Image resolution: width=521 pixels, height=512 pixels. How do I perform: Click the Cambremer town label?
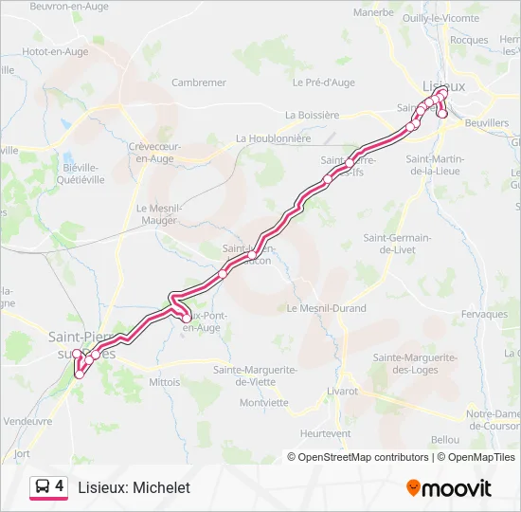pyautogui.click(x=199, y=82)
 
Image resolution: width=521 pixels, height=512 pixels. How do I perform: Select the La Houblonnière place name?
pyautogui.click(x=274, y=137)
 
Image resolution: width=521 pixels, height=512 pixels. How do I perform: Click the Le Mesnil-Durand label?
pyautogui.click(x=326, y=308)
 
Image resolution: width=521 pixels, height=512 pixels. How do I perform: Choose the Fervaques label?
pyautogui.click(x=486, y=314)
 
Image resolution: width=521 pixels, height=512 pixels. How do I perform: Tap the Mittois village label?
pyautogui.click(x=164, y=382)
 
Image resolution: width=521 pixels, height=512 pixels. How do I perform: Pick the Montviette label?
pyautogui.click(x=263, y=402)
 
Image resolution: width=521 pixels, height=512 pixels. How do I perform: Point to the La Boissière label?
pyautogui.click(x=312, y=115)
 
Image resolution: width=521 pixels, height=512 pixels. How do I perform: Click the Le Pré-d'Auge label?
pyautogui.click(x=324, y=82)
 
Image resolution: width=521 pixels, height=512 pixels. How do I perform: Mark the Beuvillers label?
pyautogui.click(x=487, y=123)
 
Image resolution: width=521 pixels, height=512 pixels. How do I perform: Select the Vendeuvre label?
pyautogui.click(x=27, y=420)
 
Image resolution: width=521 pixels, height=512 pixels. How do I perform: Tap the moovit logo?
pyautogui.click(x=449, y=488)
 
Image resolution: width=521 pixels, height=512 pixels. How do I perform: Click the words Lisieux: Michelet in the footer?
pyautogui.click(x=133, y=487)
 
